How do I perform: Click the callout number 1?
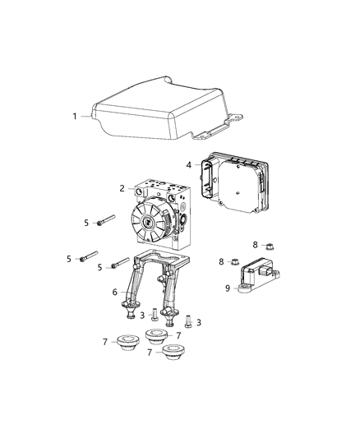click(x=75, y=116)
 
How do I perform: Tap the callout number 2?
click(x=122, y=188)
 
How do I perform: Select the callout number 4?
click(x=188, y=165)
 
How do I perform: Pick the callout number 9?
click(x=228, y=288)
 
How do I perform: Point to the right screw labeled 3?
click(x=187, y=320)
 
